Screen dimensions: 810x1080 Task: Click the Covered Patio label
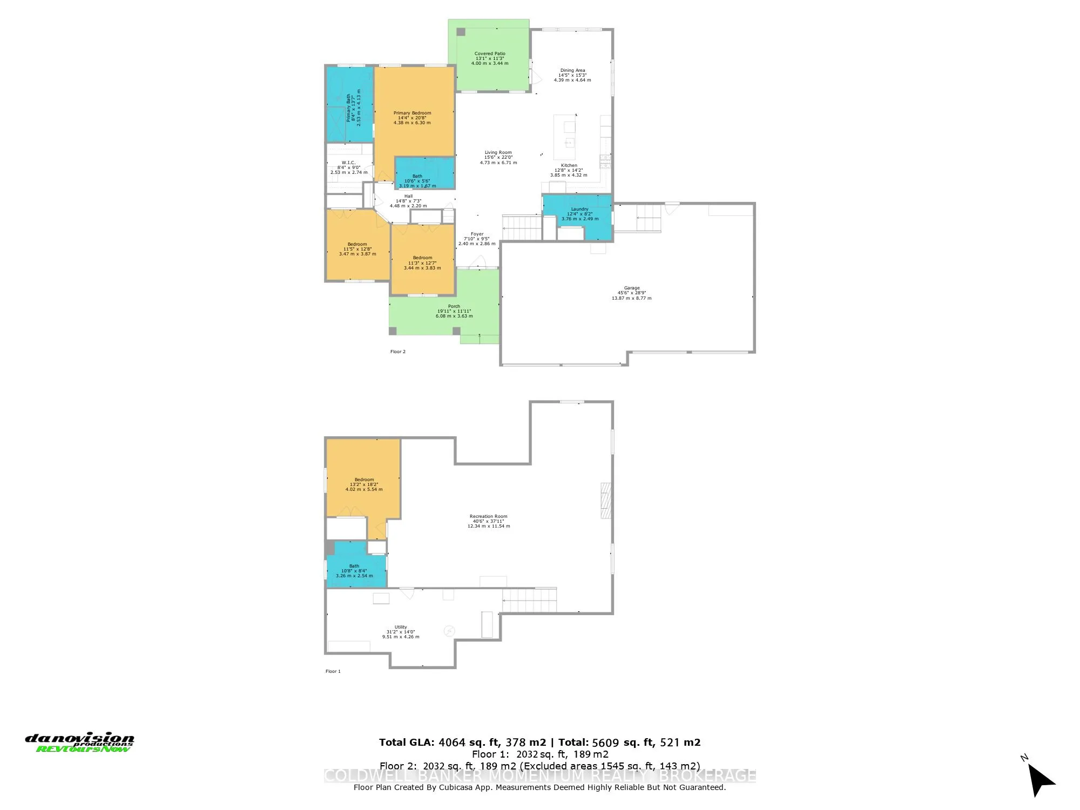point(490,58)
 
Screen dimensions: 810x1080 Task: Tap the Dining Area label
point(572,75)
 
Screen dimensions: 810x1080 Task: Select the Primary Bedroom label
point(412,118)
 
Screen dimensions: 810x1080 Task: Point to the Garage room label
point(631,293)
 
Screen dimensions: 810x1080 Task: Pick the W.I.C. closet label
point(348,167)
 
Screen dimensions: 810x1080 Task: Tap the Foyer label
point(477,239)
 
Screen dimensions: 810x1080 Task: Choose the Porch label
point(454,311)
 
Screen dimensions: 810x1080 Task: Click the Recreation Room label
point(488,521)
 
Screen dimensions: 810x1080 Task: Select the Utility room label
point(401,632)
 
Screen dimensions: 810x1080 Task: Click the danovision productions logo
point(80,742)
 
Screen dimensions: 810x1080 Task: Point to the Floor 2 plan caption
point(397,352)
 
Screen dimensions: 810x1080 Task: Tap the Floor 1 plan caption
point(333,671)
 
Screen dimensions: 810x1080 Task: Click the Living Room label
point(498,157)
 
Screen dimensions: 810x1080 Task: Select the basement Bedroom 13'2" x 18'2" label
point(364,484)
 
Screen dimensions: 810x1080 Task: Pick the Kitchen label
point(569,170)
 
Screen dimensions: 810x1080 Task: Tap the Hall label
point(408,201)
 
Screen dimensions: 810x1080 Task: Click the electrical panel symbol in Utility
point(449,631)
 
